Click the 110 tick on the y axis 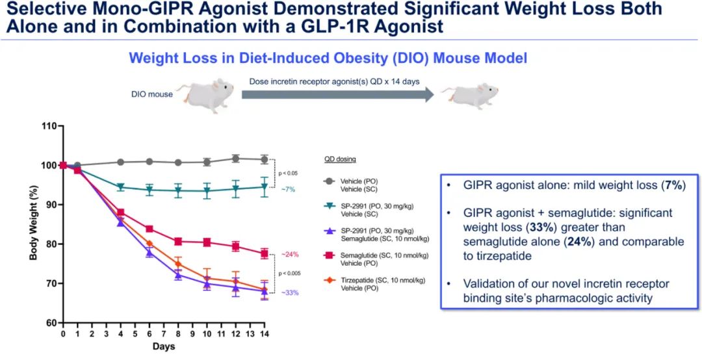(x=49, y=125)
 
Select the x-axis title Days (x=164, y=346)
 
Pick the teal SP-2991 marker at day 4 (x=120, y=187)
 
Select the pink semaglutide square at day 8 (x=178, y=241)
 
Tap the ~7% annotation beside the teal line (x=289, y=188)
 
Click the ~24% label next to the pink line (x=290, y=254)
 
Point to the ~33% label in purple (x=290, y=293)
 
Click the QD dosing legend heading (x=341, y=159)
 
